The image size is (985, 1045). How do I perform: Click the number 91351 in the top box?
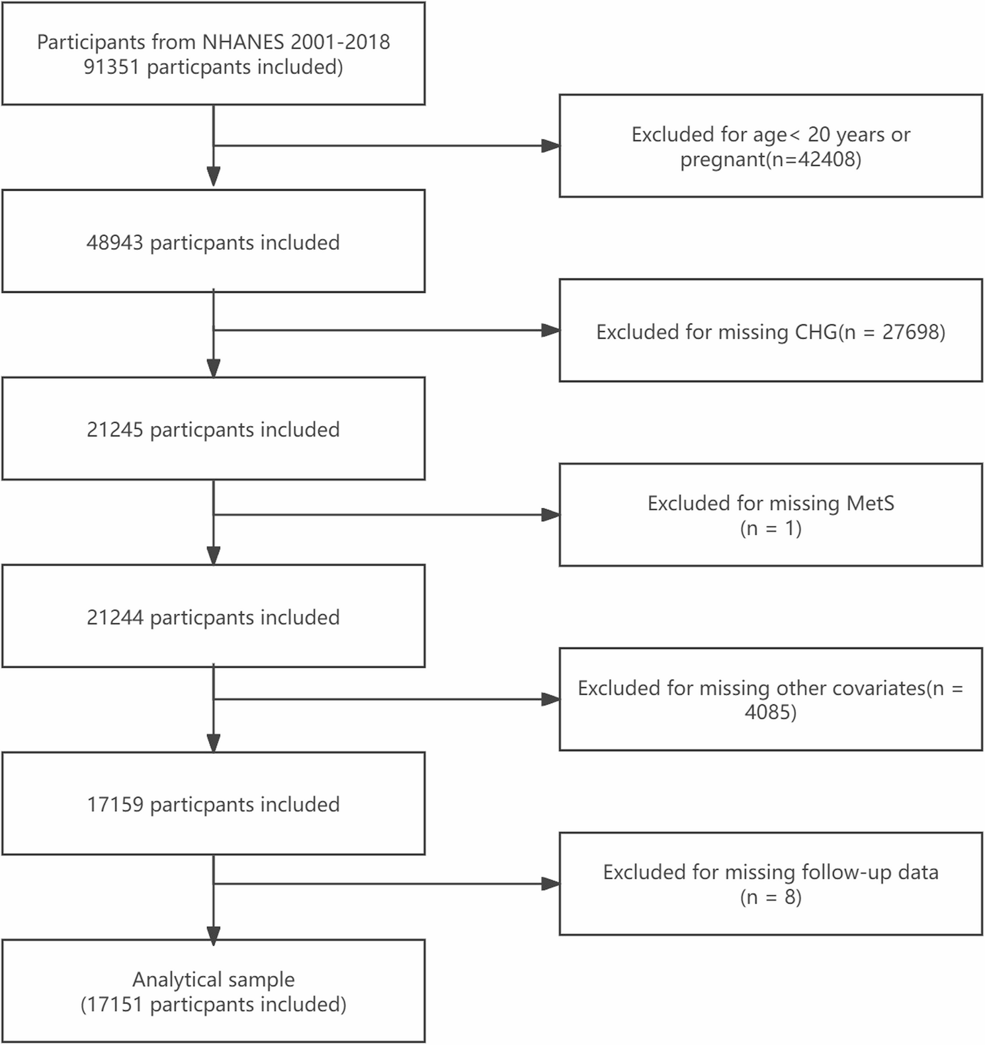pos(111,67)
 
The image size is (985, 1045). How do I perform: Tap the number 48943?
pos(114,243)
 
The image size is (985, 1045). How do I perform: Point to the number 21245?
pos(114,430)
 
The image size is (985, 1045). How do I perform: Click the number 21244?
pos(114,618)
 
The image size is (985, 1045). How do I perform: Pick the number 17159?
pos(114,805)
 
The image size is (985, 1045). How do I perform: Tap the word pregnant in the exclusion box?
pos(723,160)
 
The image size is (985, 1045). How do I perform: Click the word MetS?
pos(870,503)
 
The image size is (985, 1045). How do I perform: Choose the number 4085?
pos(767,712)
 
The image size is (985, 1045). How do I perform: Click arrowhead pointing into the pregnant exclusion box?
pos(550,146)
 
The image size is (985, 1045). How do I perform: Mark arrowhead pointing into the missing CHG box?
pos(550,330)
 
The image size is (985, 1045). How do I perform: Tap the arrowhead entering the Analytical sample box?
pos(214,936)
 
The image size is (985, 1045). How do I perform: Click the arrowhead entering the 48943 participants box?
pos(214,177)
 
